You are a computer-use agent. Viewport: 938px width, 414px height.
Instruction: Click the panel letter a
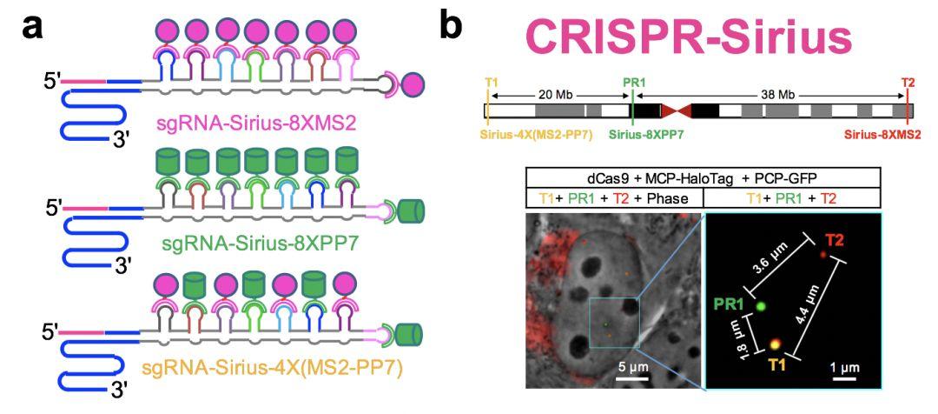coord(34,28)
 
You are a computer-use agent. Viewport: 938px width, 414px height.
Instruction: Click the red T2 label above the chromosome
coord(908,83)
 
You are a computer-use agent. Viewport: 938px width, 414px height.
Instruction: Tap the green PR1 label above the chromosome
coord(634,83)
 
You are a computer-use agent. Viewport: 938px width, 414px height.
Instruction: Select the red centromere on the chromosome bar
coord(677,110)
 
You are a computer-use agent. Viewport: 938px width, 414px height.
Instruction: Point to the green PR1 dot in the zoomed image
coord(761,305)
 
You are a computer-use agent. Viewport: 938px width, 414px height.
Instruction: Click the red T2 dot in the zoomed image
coord(822,254)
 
